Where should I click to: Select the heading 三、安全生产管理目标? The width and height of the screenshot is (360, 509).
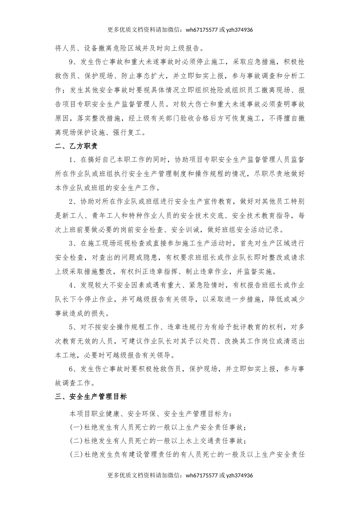(91, 397)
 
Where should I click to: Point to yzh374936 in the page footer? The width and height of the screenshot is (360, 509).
(239, 475)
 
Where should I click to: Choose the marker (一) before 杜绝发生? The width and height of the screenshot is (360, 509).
(76, 427)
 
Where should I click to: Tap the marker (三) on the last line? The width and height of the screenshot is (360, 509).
(76, 454)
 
